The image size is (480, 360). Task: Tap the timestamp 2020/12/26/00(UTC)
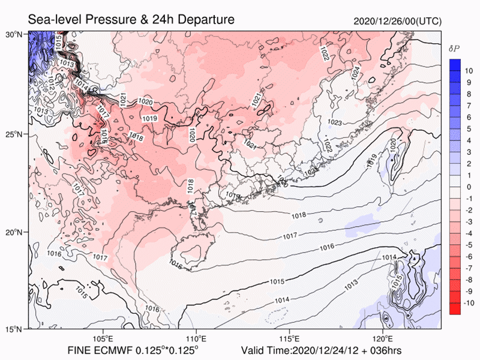pos(398,21)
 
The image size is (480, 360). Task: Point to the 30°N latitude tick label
pos(14,34)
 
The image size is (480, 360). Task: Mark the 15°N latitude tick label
pos(14,329)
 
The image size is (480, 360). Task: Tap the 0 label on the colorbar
pos(470,187)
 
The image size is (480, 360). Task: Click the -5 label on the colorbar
pos(470,245)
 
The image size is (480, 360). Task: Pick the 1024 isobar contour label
pos(355,73)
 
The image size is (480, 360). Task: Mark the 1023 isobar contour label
pos(335,123)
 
